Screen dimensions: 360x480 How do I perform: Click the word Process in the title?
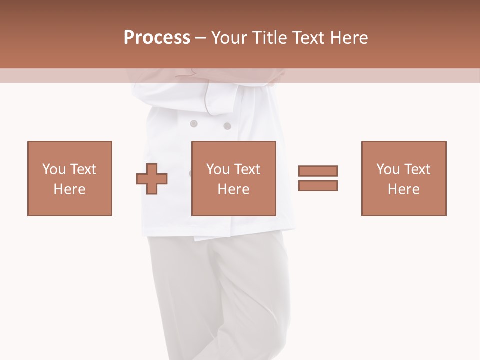pyautogui.click(x=157, y=38)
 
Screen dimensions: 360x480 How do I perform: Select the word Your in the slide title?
pyautogui.click(x=230, y=38)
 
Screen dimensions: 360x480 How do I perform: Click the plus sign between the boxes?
pyautogui.click(x=152, y=178)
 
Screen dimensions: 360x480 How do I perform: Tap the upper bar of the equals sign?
pyautogui.click(x=318, y=171)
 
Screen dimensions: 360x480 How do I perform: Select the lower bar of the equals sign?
pyautogui.click(x=318, y=185)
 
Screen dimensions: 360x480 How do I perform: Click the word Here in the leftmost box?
pyautogui.click(x=70, y=189)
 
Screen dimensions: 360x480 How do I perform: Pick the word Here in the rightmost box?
pyautogui.click(x=404, y=189)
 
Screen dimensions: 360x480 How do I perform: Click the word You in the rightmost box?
pyautogui.click(x=388, y=169)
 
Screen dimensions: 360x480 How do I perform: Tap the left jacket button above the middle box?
pyautogui.click(x=194, y=123)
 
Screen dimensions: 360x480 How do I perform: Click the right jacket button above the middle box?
pyautogui.click(x=227, y=126)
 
